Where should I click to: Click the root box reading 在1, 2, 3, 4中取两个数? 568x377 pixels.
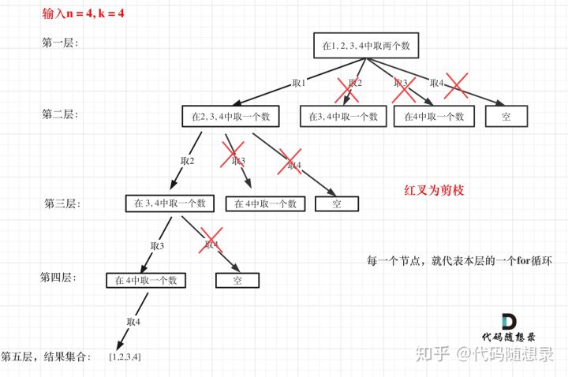[x=364, y=47]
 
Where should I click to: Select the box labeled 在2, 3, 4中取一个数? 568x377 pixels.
[x=230, y=117]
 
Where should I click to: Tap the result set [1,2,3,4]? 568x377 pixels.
[x=125, y=357]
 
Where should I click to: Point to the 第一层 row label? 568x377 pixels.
[x=58, y=43]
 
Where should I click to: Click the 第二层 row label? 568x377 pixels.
[x=58, y=114]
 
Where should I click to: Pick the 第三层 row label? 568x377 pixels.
[x=62, y=203]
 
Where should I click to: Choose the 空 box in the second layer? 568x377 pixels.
[x=506, y=117]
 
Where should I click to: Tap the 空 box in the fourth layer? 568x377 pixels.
[x=237, y=280]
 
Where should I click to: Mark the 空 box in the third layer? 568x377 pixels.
[x=337, y=203]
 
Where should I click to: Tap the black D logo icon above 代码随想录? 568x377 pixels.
[x=510, y=322]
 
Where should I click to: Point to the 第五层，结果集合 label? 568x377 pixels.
[x=47, y=357]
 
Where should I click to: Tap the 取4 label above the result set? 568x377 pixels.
[x=133, y=321]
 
